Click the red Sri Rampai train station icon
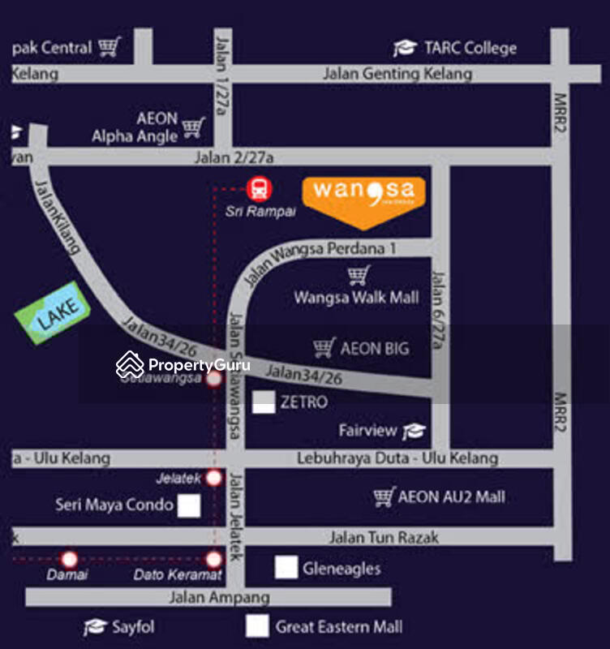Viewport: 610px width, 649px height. [x=259, y=190]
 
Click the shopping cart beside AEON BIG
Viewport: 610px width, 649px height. [x=324, y=348]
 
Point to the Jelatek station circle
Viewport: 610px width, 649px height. [x=213, y=478]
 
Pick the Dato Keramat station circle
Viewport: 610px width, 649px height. [x=213, y=559]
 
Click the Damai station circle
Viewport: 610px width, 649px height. [x=69, y=559]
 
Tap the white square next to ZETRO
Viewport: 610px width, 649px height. [x=264, y=402]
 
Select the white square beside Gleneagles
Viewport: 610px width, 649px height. [x=286, y=568]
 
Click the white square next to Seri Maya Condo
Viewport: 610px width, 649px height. [x=189, y=505]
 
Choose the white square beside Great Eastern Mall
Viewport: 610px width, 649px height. [x=258, y=626]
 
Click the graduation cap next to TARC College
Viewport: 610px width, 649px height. [x=405, y=49]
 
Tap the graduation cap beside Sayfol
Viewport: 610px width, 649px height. [x=95, y=627]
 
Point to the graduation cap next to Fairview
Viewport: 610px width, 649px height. [x=414, y=431]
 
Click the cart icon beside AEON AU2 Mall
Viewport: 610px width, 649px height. [x=384, y=496]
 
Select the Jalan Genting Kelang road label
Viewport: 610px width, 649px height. [x=397, y=74]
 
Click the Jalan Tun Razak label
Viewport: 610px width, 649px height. [x=384, y=537]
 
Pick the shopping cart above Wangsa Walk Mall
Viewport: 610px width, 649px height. [x=359, y=276]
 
